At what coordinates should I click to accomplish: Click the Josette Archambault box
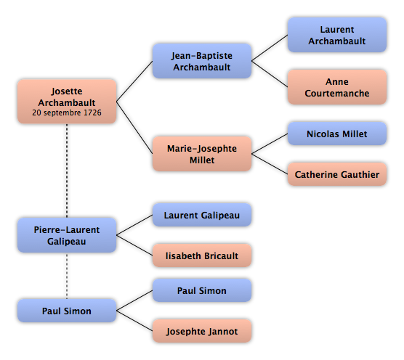67,102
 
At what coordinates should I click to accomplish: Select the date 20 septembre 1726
67,112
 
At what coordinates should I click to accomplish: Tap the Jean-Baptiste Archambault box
202,61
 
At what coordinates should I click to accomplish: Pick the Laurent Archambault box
337,35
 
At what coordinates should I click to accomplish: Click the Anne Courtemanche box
337,87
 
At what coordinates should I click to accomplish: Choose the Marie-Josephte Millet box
202,154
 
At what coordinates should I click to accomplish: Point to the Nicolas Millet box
337,134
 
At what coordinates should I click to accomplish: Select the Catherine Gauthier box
337,174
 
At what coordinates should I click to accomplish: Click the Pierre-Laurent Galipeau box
67,235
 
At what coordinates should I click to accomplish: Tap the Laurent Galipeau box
202,215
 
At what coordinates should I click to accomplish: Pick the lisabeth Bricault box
202,255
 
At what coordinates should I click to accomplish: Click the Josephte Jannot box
202,331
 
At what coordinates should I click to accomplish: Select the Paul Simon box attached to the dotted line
67,311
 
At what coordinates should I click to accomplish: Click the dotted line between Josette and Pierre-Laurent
67,171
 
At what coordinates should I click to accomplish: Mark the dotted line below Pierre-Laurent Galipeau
67,276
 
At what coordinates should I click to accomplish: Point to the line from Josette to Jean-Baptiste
134,81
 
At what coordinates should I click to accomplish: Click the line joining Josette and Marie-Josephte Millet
134,128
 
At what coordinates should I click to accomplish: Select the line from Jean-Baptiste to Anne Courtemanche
270,74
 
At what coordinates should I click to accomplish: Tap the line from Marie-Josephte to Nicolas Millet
270,144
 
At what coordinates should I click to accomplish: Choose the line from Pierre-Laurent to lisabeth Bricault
134,245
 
